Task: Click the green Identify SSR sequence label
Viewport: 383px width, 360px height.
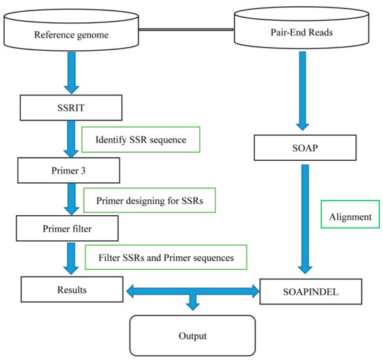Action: point(141,139)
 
